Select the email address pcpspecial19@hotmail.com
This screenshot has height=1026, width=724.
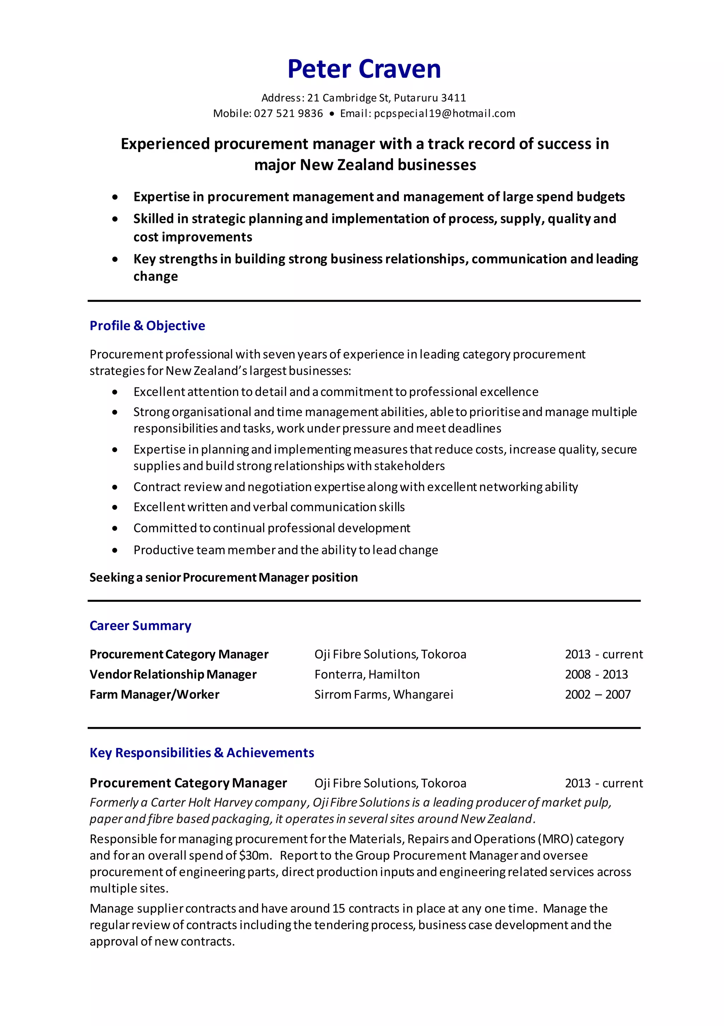(x=444, y=114)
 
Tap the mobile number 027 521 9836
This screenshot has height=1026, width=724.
(x=288, y=114)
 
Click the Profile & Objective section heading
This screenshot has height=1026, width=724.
(x=147, y=326)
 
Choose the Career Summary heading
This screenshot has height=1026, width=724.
(x=140, y=626)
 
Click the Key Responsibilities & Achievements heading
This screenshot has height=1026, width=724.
(x=202, y=753)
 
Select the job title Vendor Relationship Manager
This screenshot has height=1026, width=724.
(x=173, y=674)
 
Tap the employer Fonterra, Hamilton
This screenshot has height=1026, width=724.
(x=367, y=674)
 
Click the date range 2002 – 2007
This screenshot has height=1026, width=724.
(x=597, y=694)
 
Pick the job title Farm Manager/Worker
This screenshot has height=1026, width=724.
(x=154, y=694)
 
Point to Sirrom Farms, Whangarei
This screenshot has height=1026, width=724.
(x=383, y=694)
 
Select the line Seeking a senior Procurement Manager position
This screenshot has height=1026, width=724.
(x=223, y=577)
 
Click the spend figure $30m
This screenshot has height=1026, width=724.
(x=255, y=855)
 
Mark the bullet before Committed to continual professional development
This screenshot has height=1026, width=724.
(x=115, y=528)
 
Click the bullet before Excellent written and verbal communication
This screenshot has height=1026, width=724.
(x=115, y=507)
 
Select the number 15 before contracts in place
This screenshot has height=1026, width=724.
(x=338, y=909)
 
